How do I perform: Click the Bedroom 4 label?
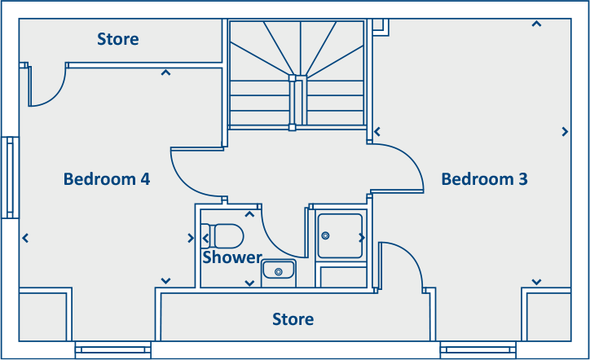coord(107,178)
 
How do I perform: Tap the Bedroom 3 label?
coord(484,178)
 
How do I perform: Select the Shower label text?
coord(231,257)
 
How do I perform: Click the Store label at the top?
coord(118,39)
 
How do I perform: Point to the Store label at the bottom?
coord(293,319)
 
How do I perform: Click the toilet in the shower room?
coord(224,236)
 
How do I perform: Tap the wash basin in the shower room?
coord(278,270)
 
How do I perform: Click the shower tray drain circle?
coord(326,235)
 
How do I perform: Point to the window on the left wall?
coord(10,178)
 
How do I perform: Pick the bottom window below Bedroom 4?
coord(112,350)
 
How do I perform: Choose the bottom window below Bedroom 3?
coord(478,350)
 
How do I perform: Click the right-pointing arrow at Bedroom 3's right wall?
coord(565,131)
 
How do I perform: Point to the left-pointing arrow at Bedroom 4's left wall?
coord(26,238)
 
